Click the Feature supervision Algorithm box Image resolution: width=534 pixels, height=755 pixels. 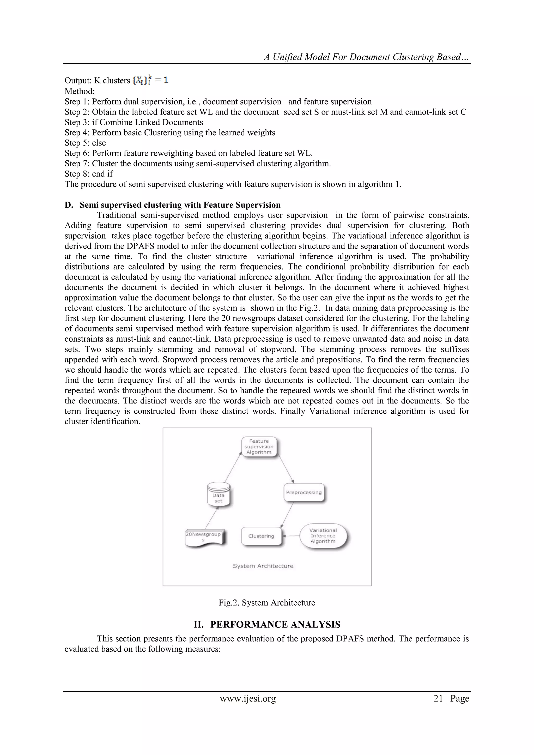point(259,446)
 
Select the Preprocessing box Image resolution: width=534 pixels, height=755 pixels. point(304,492)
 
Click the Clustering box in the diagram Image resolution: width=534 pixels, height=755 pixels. point(262,536)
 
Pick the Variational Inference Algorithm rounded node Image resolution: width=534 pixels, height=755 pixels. point(323,536)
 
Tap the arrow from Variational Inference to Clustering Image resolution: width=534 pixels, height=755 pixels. point(291,536)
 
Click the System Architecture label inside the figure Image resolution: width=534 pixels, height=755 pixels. point(263,566)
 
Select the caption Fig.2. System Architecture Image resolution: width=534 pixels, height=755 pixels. point(267,602)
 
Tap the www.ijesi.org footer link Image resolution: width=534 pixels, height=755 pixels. point(248,698)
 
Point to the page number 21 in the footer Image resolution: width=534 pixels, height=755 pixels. point(438,698)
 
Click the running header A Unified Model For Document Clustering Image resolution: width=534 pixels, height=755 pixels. point(366,57)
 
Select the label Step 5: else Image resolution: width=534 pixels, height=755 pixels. point(85,143)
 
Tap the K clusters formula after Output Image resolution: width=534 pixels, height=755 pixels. point(150,80)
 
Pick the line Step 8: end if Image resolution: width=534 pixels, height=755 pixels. point(89,174)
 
